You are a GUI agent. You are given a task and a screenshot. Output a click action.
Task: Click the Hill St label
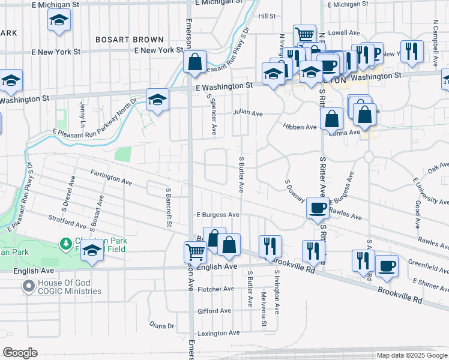tap(267, 16)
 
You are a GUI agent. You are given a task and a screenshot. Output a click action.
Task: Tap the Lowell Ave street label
tap(343, 32)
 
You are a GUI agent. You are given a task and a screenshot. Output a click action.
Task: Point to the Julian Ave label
tap(249, 112)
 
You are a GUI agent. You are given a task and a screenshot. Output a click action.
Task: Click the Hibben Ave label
tap(300, 127)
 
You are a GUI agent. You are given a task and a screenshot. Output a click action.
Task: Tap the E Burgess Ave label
tap(218, 214)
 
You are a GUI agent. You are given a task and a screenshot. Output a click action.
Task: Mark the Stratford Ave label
tap(67, 223)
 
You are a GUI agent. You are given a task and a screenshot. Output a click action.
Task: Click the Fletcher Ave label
tap(216, 289)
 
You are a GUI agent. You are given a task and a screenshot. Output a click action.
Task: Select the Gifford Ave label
tap(214, 311)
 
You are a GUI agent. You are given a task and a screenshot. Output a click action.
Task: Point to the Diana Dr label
tap(161, 326)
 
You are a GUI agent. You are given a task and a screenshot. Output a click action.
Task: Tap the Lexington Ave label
tap(218, 333)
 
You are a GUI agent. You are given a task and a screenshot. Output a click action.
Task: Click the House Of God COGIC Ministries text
tap(69, 287)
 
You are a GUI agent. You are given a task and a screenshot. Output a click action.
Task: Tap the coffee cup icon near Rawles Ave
tap(318, 208)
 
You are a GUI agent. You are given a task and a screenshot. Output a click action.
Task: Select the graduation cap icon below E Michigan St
tap(59, 21)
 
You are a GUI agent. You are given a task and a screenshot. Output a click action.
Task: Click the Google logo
tap(20, 353)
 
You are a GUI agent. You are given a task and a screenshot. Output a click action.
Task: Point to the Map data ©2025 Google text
tap(412, 355)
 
